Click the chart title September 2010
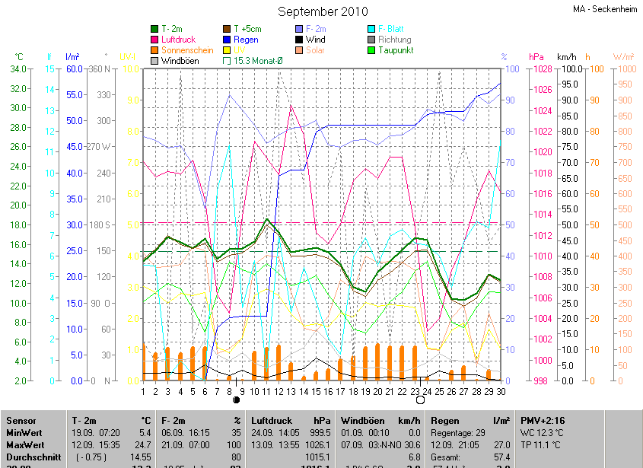(x=322, y=11)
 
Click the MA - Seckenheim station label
(x=605, y=9)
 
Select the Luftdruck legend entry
(x=177, y=39)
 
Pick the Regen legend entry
(x=246, y=39)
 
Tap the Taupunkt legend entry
(x=396, y=49)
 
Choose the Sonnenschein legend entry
(x=187, y=49)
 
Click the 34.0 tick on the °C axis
(x=19, y=69)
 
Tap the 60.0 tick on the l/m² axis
(x=74, y=69)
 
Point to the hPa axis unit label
(x=536, y=56)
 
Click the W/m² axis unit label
(x=623, y=56)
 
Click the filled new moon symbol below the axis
(x=236, y=400)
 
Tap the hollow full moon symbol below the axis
(x=417, y=400)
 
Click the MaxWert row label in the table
(x=25, y=444)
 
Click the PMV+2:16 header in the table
(x=543, y=420)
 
